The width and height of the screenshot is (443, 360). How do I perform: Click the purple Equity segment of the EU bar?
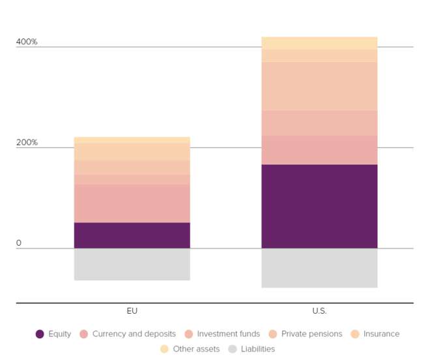point(132,235)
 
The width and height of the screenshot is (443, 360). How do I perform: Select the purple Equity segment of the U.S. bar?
point(319,207)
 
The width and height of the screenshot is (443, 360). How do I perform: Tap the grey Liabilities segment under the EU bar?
point(132,264)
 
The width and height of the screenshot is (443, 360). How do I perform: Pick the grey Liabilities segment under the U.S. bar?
point(319,268)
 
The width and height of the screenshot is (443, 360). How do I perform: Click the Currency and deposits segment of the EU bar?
point(132,203)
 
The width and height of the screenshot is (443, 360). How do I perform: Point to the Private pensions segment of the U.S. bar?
point(319,86)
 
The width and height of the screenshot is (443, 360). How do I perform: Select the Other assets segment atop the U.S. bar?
point(319,43)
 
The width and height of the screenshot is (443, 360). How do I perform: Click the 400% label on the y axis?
point(27,42)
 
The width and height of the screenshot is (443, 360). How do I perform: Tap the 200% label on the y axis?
point(27,142)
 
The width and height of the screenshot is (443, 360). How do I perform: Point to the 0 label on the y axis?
point(19,243)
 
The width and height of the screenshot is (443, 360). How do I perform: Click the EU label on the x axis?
point(132,311)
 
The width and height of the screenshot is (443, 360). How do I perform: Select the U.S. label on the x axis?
point(319,311)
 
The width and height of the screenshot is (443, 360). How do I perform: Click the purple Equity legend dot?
point(40,334)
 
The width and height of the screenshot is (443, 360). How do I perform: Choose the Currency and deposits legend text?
point(134,334)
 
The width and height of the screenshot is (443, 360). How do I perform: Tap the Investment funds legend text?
point(228,334)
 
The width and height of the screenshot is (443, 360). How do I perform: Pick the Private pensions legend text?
point(311,334)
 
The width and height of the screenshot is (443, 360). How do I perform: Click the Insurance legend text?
point(381,334)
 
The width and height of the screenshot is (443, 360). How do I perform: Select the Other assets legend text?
point(196,349)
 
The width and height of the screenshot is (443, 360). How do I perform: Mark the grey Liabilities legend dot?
point(232,349)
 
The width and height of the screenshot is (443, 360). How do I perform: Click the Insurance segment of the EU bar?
point(132,152)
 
